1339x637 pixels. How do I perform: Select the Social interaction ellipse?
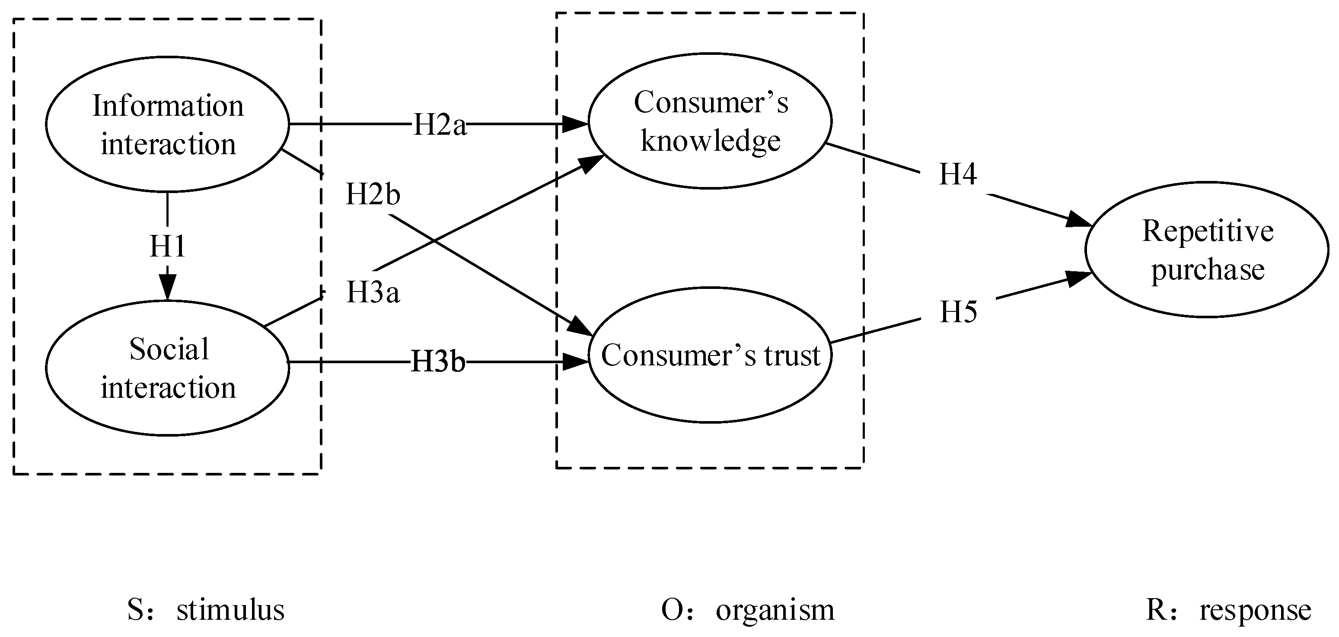click(x=167, y=368)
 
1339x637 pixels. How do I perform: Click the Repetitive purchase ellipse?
click(x=1207, y=249)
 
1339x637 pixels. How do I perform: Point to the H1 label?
click(x=167, y=246)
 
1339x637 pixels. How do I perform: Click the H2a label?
click(x=440, y=125)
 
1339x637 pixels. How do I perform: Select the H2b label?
click(x=373, y=195)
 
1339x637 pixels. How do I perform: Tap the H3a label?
click(x=373, y=292)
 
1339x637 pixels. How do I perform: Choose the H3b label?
click(x=438, y=362)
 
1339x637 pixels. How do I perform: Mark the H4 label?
click(x=957, y=174)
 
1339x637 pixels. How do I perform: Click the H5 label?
click(x=958, y=312)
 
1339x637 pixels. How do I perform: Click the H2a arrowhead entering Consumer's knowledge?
click(x=576, y=124)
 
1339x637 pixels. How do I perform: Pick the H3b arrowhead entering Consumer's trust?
click(x=576, y=362)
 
